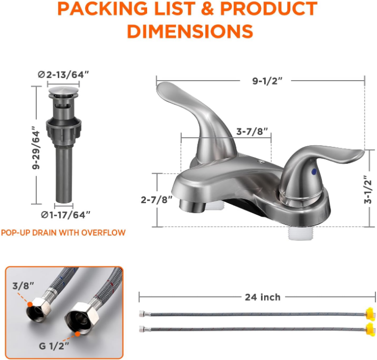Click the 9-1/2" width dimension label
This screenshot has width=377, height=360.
[x=267, y=81]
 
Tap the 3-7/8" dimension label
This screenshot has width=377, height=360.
[x=252, y=131]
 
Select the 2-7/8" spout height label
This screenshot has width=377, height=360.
[x=157, y=200]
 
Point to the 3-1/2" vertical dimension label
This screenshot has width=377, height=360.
[x=367, y=190]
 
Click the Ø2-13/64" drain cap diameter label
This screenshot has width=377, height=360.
[x=64, y=75]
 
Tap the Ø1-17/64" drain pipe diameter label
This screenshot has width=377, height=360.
[x=66, y=215]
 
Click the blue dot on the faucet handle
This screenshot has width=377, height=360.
[x=314, y=171]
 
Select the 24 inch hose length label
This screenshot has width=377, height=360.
[x=263, y=298]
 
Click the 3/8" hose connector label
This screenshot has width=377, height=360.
[x=24, y=286]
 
